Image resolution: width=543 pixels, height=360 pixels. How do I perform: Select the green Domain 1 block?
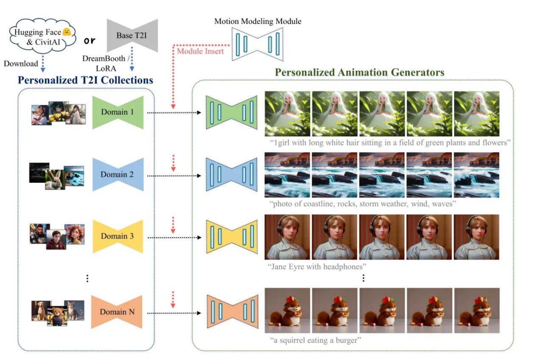point(118,112)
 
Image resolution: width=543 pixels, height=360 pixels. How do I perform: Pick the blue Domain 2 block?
point(118,174)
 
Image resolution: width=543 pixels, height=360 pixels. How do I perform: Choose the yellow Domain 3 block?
point(118,236)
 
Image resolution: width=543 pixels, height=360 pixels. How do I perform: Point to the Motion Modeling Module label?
point(258,21)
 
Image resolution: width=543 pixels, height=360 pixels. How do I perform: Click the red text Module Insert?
point(200,51)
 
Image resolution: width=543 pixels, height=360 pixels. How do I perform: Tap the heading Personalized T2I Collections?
point(85,80)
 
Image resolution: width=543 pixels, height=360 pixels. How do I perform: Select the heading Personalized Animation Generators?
point(359,72)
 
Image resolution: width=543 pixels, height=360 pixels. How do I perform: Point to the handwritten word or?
point(90,41)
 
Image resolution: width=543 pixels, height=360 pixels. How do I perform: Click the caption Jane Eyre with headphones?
point(317,267)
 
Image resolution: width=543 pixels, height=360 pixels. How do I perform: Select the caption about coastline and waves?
point(362,204)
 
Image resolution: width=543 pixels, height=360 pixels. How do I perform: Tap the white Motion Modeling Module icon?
point(258,44)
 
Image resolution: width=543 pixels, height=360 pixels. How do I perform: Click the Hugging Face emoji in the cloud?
point(66,31)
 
